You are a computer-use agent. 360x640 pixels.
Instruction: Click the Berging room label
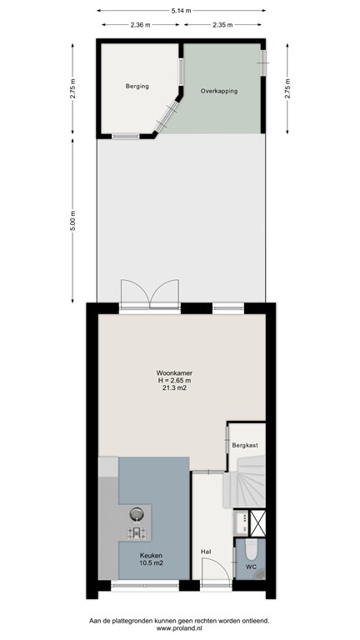(x=137, y=86)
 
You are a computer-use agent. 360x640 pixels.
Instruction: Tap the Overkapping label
(x=218, y=91)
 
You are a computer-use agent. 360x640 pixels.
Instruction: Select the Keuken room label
(x=151, y=556)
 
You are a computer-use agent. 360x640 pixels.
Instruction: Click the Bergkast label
(x=245, y=446)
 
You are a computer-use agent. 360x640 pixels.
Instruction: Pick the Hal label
(x=205, y=552)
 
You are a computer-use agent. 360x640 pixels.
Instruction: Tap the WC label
(x=250, y=567)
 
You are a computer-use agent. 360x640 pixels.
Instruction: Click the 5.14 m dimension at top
(x=180, y=10)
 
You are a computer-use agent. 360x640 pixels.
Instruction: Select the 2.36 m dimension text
(x=140, y=25)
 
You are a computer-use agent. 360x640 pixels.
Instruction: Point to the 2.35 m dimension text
(x=222, y=25)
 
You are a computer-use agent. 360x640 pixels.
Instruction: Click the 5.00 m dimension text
(x=73, y=219)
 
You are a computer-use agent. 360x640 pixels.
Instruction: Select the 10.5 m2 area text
(x=151, y=564)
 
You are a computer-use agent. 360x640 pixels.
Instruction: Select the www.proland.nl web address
(x=179, y=630)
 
